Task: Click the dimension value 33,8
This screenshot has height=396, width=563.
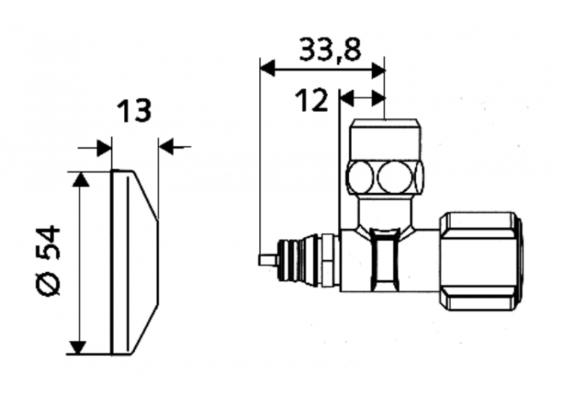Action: click(x=330, y=50)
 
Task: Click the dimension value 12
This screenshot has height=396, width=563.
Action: click(x=312, y=100)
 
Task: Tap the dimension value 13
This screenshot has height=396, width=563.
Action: click(x=134, y=111)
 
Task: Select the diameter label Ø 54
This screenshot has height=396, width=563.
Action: click(x=49, y=260)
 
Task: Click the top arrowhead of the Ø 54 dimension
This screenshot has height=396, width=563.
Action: click(x=79, y=178)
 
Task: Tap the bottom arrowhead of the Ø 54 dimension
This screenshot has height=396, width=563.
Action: click(x=79, y=347)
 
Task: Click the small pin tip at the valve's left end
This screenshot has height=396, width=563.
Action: click(x=266, y=259)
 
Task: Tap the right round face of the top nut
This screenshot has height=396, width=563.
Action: click(x=396, y=178)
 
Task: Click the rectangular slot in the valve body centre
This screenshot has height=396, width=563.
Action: click(x=385, y=259)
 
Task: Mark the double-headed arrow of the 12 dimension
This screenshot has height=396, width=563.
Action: click(x=363, y=98)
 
